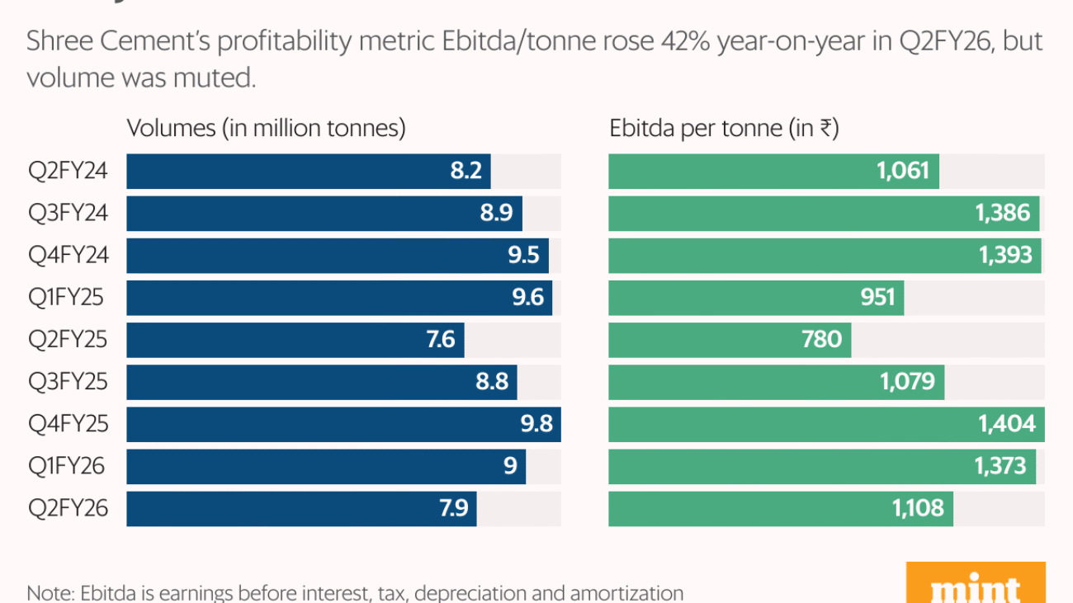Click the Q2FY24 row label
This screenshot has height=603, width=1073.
point(68,172)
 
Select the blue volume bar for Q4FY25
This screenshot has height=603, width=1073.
point(330,425)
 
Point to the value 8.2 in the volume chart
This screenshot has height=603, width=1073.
point(466,172)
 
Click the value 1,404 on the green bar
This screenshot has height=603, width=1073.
point(1006,425)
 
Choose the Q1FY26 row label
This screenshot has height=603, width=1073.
point(66,467)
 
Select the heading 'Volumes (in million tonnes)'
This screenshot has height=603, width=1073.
point(266,129)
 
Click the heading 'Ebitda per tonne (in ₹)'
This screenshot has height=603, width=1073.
point(724,129)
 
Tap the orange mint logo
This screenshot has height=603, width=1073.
point(976,584)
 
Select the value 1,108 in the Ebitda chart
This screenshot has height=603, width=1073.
point(918,509)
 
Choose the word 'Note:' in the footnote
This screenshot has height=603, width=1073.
point(50,593)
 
